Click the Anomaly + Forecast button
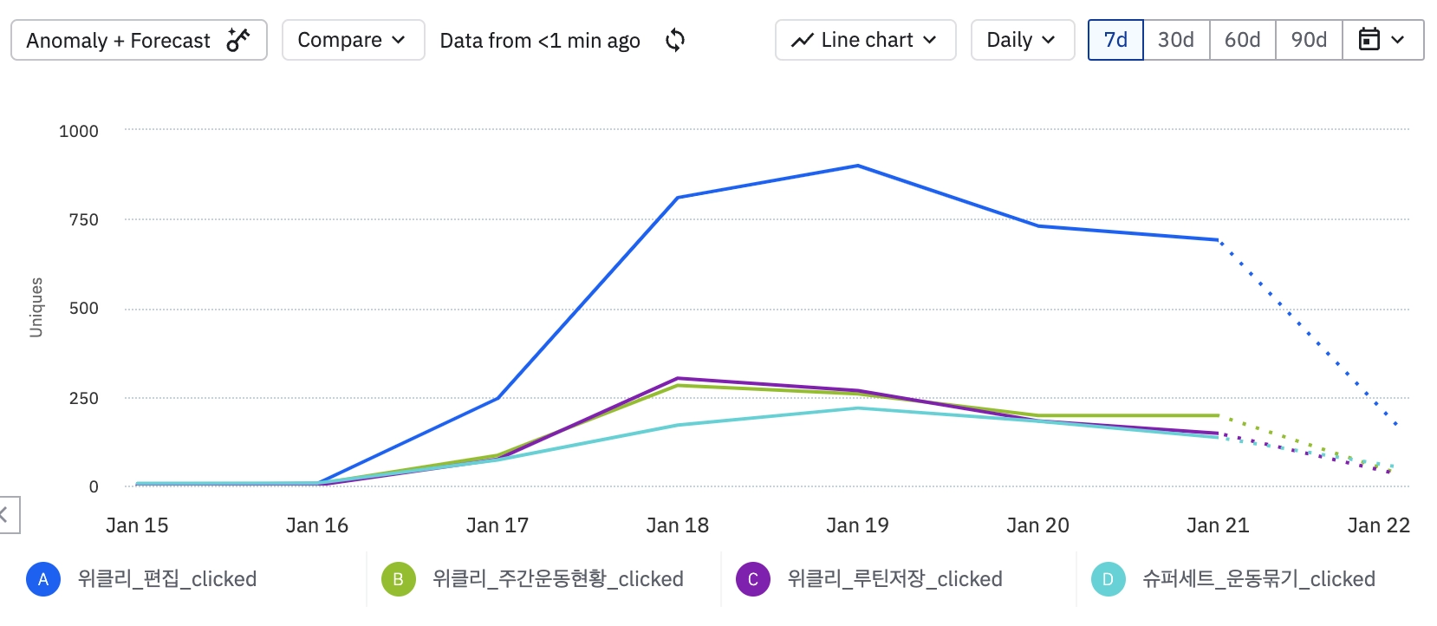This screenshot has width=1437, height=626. [x=139, y=41]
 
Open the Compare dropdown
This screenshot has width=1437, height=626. [x=352, y=41]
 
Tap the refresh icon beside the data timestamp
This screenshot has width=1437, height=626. [x=675, y=41]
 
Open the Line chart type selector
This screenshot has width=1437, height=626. [x=865, y=41]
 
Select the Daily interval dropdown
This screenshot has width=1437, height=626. [x=1022, y=41]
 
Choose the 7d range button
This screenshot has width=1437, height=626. [x=1115, y=41]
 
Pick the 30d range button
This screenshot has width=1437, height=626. [x=1176, y=41]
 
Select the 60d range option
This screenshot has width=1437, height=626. [x=1242, y=41]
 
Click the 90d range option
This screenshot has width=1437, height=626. [x=1309, y=41]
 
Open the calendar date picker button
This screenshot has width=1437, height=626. [x=1382, y=41]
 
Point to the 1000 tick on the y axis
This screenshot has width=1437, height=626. [x=79, y=131]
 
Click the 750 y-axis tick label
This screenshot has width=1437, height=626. [x=84, y=220]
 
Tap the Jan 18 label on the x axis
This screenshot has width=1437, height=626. [x=677, y=525]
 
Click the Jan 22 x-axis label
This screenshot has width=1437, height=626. [x=1378, y=525]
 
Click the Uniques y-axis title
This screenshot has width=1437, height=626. [x=36, y=307]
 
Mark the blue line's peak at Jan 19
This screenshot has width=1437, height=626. [x=857, y=166]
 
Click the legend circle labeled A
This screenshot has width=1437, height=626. [x=43, y=579]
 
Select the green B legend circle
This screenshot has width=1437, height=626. [x=398, y=579]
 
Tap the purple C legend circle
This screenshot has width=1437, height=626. [x=752, y=579]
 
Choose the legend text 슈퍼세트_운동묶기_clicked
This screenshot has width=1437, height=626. [x=1258, y=579]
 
